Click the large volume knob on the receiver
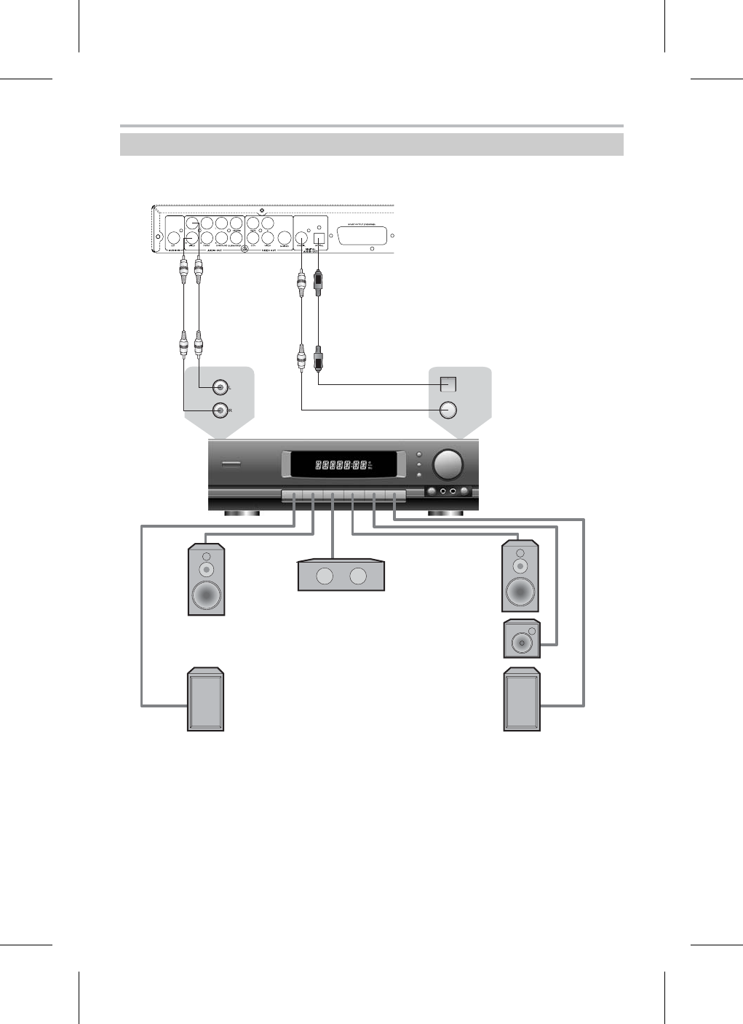447,464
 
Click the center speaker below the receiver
341,575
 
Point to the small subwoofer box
521,640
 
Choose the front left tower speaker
206,579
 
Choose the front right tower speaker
520,576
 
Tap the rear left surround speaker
206,699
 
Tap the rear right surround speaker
522,699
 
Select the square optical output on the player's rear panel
318,236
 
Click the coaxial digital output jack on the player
302,237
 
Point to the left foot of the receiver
242,514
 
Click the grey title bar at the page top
371,144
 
